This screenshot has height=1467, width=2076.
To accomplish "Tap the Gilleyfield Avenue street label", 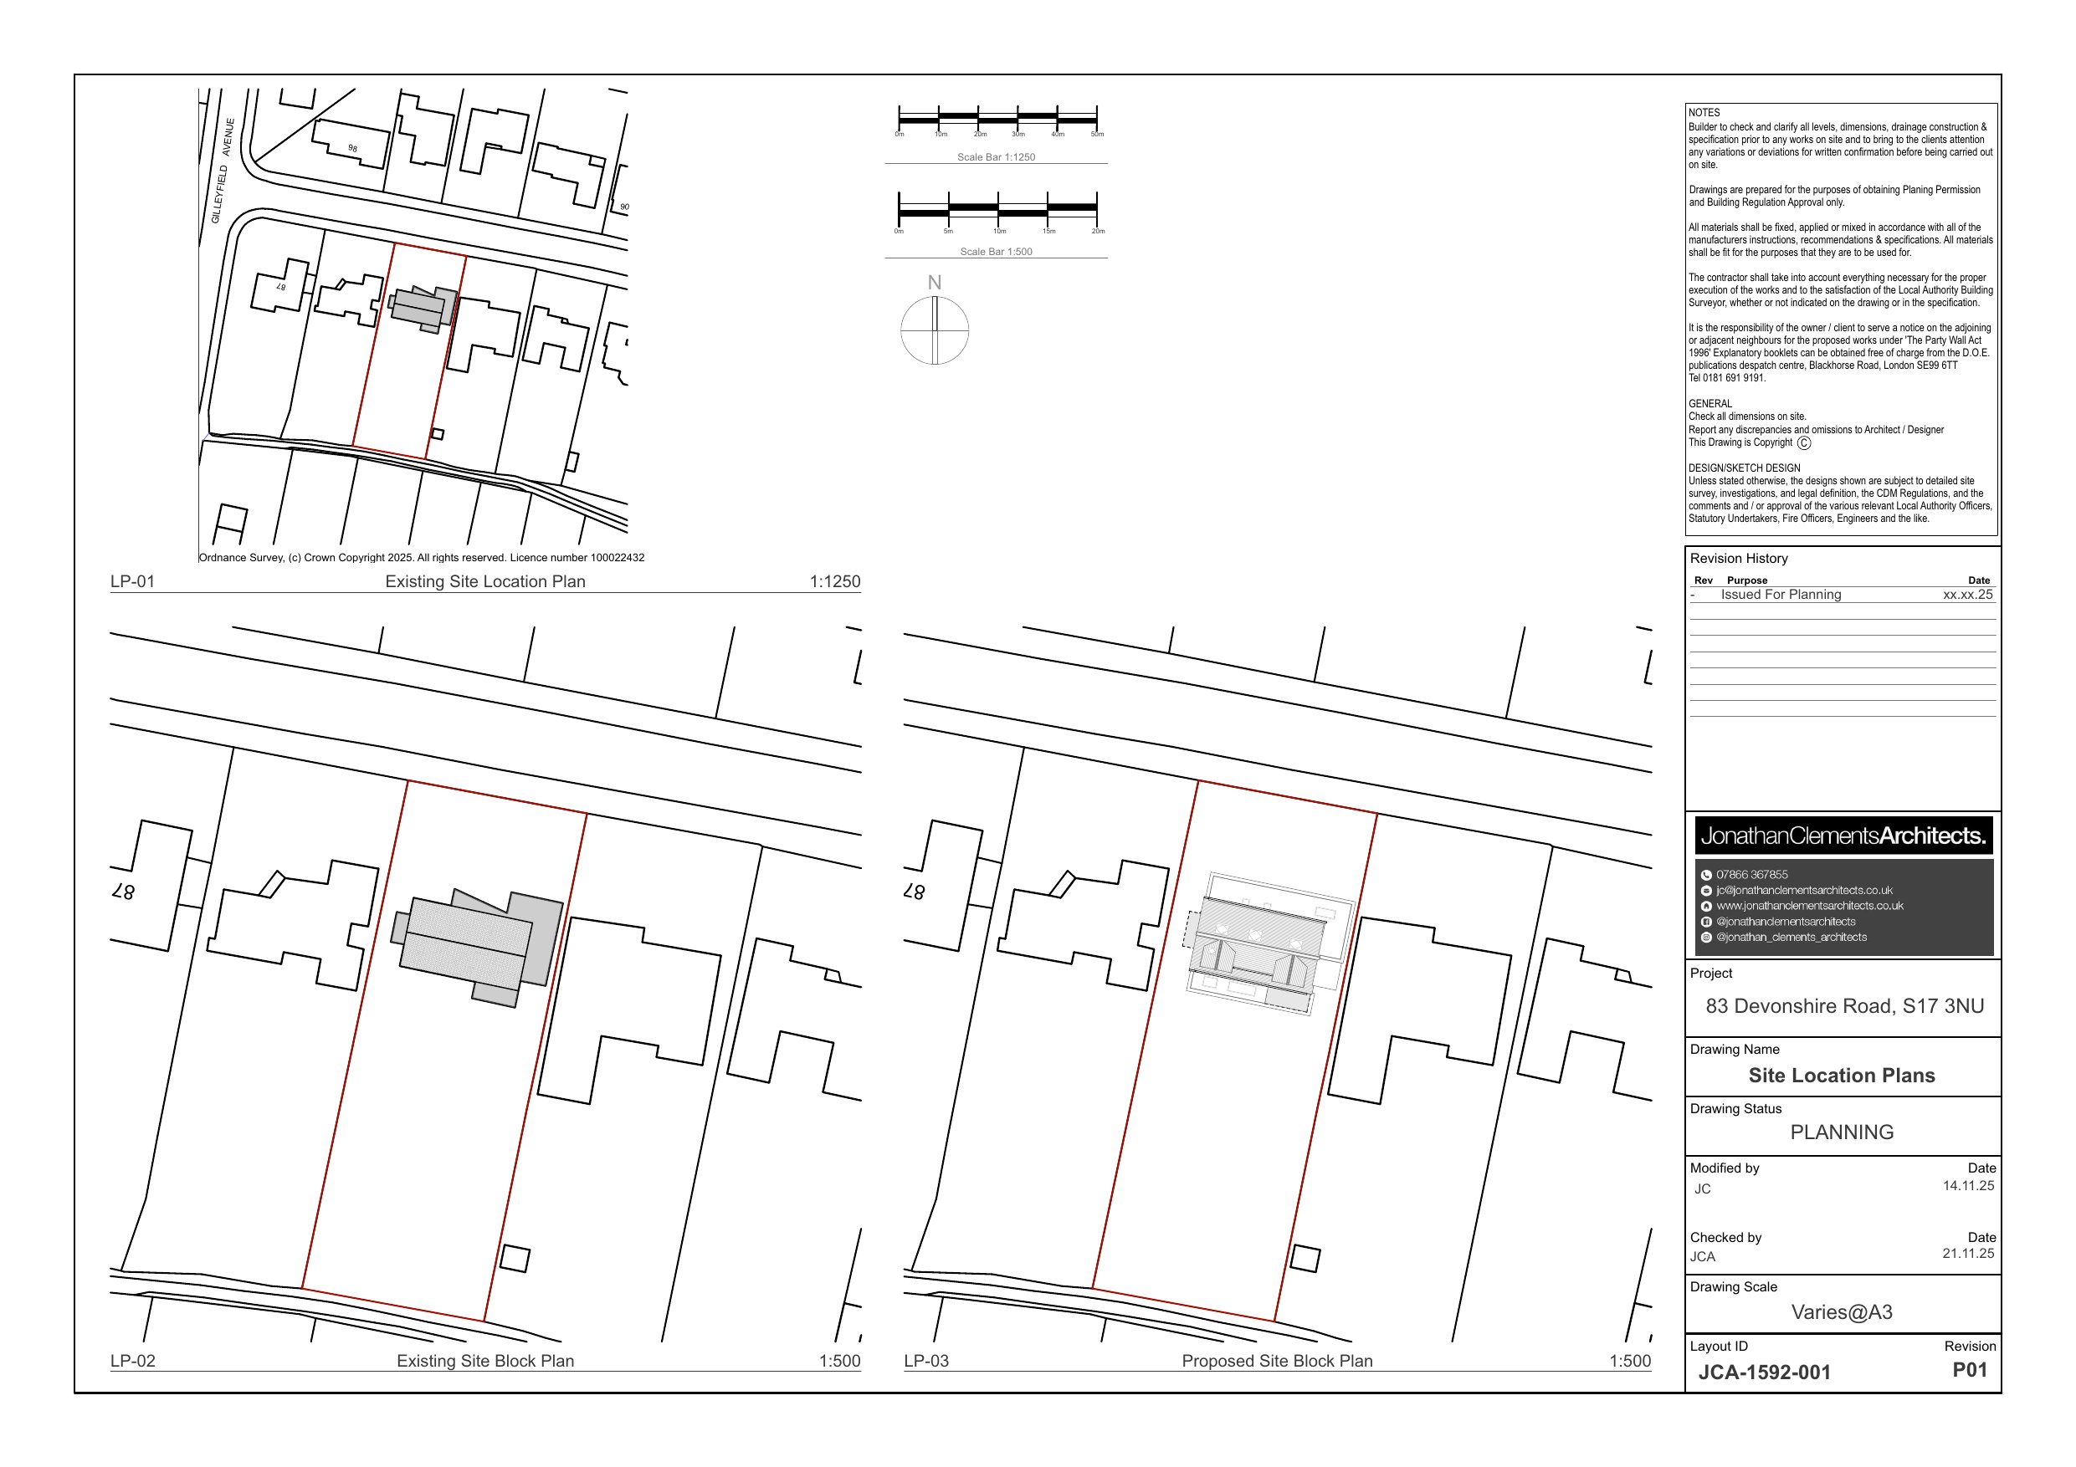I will [222, 171].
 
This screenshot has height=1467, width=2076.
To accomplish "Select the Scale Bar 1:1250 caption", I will [996, 157].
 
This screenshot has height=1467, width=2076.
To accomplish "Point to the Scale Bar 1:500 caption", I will [996, 253].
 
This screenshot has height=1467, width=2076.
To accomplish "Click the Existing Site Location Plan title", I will [484, 582].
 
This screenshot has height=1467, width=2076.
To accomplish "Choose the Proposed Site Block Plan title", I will [1276, 1362].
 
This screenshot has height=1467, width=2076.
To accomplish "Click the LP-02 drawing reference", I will [133, 1362].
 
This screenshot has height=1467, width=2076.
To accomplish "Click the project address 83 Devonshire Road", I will [1843, 1006].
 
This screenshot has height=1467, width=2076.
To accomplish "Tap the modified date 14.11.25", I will [1967, 1186].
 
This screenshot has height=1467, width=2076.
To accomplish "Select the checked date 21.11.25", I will [1967, 1254].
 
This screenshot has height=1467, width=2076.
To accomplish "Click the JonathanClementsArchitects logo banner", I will [1843, 836].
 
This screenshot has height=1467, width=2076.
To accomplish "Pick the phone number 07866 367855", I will [1751, 875].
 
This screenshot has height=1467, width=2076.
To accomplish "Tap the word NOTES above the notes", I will [1704, 113].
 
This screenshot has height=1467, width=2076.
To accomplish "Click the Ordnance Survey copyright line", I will [422, 558].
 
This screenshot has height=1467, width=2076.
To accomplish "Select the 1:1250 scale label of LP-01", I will [833, 582].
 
